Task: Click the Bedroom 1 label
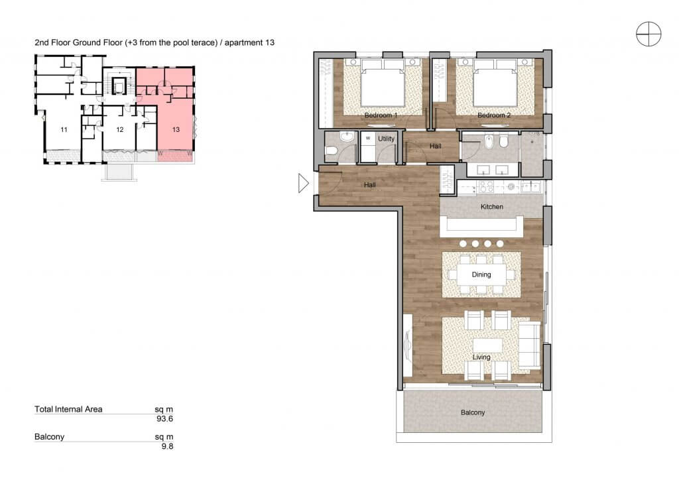381,115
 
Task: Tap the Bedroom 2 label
493,115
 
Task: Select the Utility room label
386,139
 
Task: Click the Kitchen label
491,206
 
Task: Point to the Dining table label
481,274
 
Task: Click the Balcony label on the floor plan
472,412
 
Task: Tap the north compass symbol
648,34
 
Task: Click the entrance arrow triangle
303,183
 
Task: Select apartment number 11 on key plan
64,129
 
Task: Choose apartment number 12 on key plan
120,129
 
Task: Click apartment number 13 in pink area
176,129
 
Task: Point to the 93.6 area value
164,418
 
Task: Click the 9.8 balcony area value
167,446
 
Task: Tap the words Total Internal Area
68,409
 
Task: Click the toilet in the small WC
332,151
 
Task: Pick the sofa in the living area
529,345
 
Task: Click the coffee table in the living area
487,345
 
